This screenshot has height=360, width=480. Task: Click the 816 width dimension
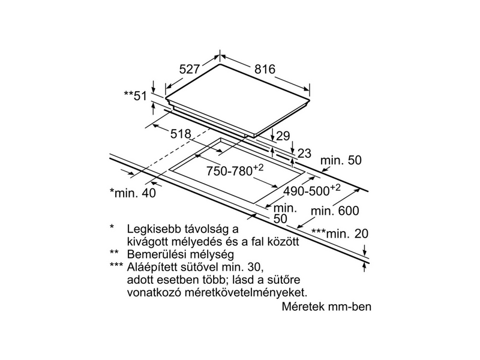point(264,70)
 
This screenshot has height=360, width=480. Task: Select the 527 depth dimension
point(190,70)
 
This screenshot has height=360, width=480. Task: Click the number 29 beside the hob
point(283,136)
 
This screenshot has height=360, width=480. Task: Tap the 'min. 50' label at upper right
point(342,160)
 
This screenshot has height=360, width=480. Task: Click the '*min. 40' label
point(132,193)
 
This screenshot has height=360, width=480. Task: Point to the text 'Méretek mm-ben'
point(326,307)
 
